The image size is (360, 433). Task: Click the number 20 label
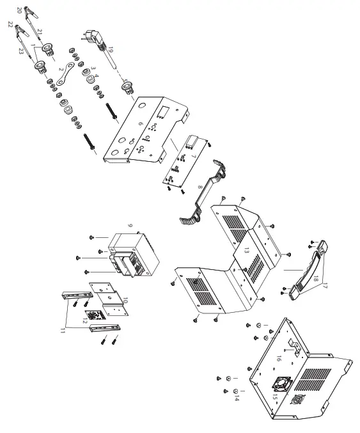[x=19, y=10]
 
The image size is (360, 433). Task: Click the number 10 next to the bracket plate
[x=125, y=301]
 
